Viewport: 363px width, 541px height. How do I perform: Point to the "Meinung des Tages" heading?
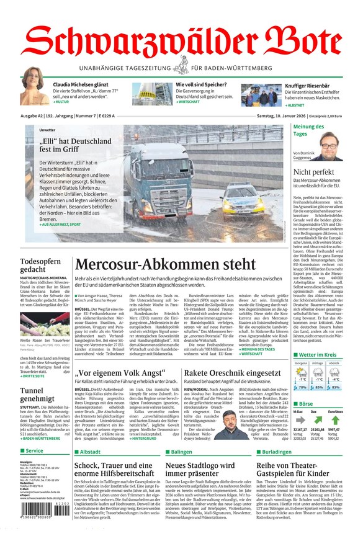pyautogui.click(x=308, y=130)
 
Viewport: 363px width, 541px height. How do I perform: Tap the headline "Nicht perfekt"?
pyautogui.click(x=314, y=172)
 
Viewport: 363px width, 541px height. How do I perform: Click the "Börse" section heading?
pyautogui.click(x=307, y=402)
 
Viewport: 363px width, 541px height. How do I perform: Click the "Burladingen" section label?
pyautogui.click(x=277, y=452)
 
